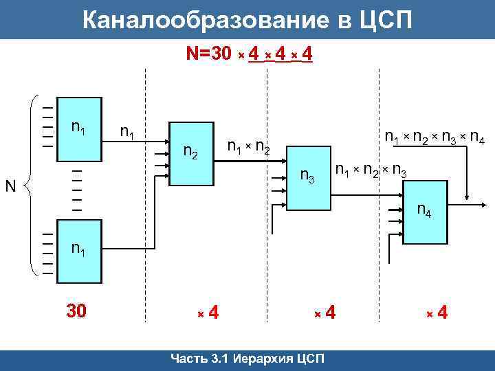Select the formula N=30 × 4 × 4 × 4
click(250, 54)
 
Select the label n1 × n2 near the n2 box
click(248, 146)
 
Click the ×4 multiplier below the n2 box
click(208, 313)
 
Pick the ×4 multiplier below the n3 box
click(325, 313)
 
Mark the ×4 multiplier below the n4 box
click(437, 313)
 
